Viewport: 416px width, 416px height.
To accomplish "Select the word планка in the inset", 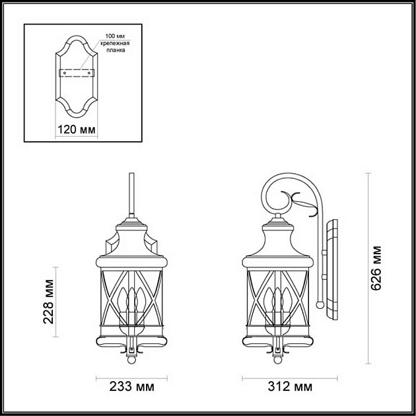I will [x=114, y=50].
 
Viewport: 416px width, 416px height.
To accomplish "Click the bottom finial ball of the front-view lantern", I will [x=132, y=360].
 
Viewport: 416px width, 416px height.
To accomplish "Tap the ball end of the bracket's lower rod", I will [x=320, y=305].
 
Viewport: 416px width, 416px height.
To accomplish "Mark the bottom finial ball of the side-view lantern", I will [x=278, y=360].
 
